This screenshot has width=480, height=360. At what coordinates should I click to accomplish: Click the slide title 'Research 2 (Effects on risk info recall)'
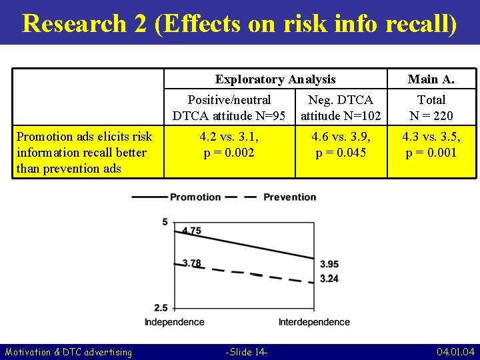point(240,23)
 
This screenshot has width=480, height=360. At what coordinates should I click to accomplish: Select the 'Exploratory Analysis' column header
point(275,79)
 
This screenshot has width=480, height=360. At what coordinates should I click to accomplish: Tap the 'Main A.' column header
point(431,79)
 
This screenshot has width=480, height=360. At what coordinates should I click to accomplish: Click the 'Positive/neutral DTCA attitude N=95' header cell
point(229,107)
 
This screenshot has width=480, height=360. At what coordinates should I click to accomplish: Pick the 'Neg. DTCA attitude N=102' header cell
point(341,107)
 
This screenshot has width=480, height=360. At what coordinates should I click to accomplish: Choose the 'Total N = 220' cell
point(431,107)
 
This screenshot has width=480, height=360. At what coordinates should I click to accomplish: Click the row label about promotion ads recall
point(84,152)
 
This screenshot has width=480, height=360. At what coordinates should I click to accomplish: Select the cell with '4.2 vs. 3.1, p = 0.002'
point(229,144)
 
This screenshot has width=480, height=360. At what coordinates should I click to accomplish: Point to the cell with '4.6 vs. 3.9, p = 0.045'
point(341,144)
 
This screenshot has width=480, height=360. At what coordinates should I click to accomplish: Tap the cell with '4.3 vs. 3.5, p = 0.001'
point(431,144)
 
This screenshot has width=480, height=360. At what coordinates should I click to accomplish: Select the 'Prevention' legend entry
point(289,197)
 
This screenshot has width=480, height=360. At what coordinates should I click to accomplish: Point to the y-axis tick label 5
point(165,221)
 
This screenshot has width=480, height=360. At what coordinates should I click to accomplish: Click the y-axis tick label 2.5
point(161,307)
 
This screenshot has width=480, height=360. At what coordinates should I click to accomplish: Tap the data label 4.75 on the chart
point(191,231)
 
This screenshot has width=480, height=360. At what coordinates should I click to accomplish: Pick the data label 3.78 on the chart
point(191,263)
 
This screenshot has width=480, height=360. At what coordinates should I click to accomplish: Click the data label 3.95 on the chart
point(329,265)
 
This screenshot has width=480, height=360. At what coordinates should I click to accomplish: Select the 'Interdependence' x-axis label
point(314,322)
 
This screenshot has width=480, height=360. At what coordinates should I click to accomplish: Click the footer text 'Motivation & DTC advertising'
point(69,351)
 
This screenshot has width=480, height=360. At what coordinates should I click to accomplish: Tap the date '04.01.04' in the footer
point(455,351)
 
